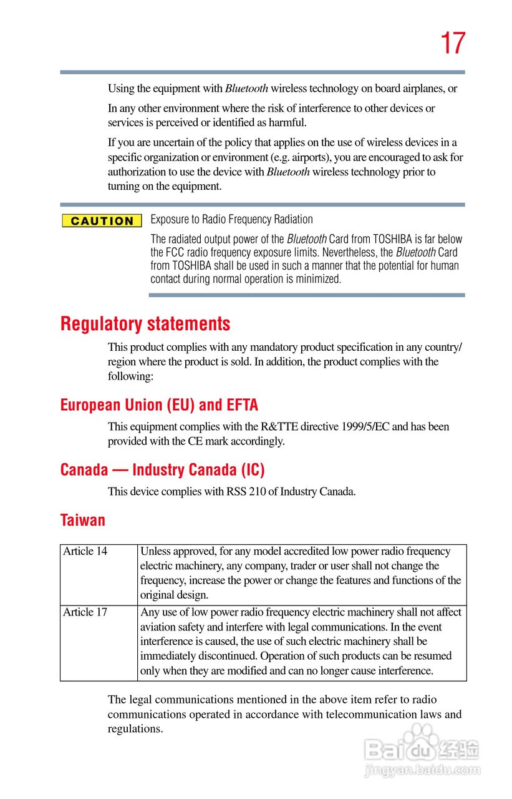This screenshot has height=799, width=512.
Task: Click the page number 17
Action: pyautogui.click(x=453, y=44)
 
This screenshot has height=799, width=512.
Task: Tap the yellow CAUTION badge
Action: pyautogui.click(x=102, y=221)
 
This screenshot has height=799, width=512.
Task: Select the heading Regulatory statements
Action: pyautogui.click(x=145, y=324)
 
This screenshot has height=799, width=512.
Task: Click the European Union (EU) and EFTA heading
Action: pyautogui.click(x=159, y=405)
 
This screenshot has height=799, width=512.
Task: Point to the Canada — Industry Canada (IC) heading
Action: pyautogui.click(x=163, y=470)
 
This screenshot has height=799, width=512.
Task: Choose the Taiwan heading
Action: pyautogui.click(x=83, y=520)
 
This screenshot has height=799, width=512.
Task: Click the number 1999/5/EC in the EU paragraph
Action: pyautogui.click(x=365, y=427)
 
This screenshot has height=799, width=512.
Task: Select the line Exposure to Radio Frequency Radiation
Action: pyautogui.click(x=232, y=219)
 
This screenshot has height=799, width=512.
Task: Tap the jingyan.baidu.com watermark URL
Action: pyautogui.click(x=422, y=772)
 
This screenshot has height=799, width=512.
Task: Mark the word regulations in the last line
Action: pyautogui.click(x=135, y=729)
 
